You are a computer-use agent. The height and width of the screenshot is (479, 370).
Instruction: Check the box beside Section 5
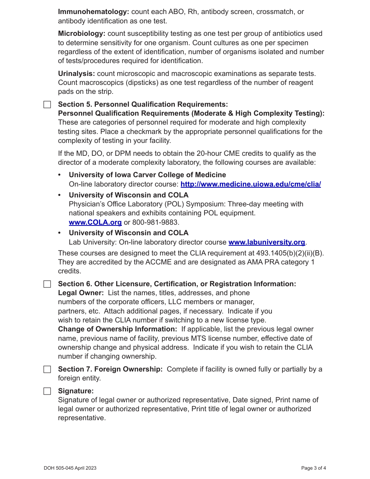47,104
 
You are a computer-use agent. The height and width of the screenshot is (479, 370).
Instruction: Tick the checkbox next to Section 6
47,284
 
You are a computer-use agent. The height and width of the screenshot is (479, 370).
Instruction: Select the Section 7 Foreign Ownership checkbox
47,369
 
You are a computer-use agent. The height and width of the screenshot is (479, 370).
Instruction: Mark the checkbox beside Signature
47,391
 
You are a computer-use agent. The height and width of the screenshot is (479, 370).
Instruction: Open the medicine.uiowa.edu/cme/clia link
250,184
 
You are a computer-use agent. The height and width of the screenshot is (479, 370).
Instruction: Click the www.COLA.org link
95,222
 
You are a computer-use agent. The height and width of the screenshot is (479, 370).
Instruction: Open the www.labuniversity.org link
266,242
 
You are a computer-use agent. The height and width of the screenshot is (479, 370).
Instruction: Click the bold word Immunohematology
93,12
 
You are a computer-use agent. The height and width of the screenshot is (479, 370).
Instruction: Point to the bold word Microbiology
81,34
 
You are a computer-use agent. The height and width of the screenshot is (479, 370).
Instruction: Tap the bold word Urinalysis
76,74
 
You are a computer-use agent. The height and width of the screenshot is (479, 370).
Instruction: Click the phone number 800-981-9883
155,222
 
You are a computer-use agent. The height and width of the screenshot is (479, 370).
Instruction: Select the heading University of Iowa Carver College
147,175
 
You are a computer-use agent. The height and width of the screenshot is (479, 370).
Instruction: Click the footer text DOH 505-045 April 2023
70,468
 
